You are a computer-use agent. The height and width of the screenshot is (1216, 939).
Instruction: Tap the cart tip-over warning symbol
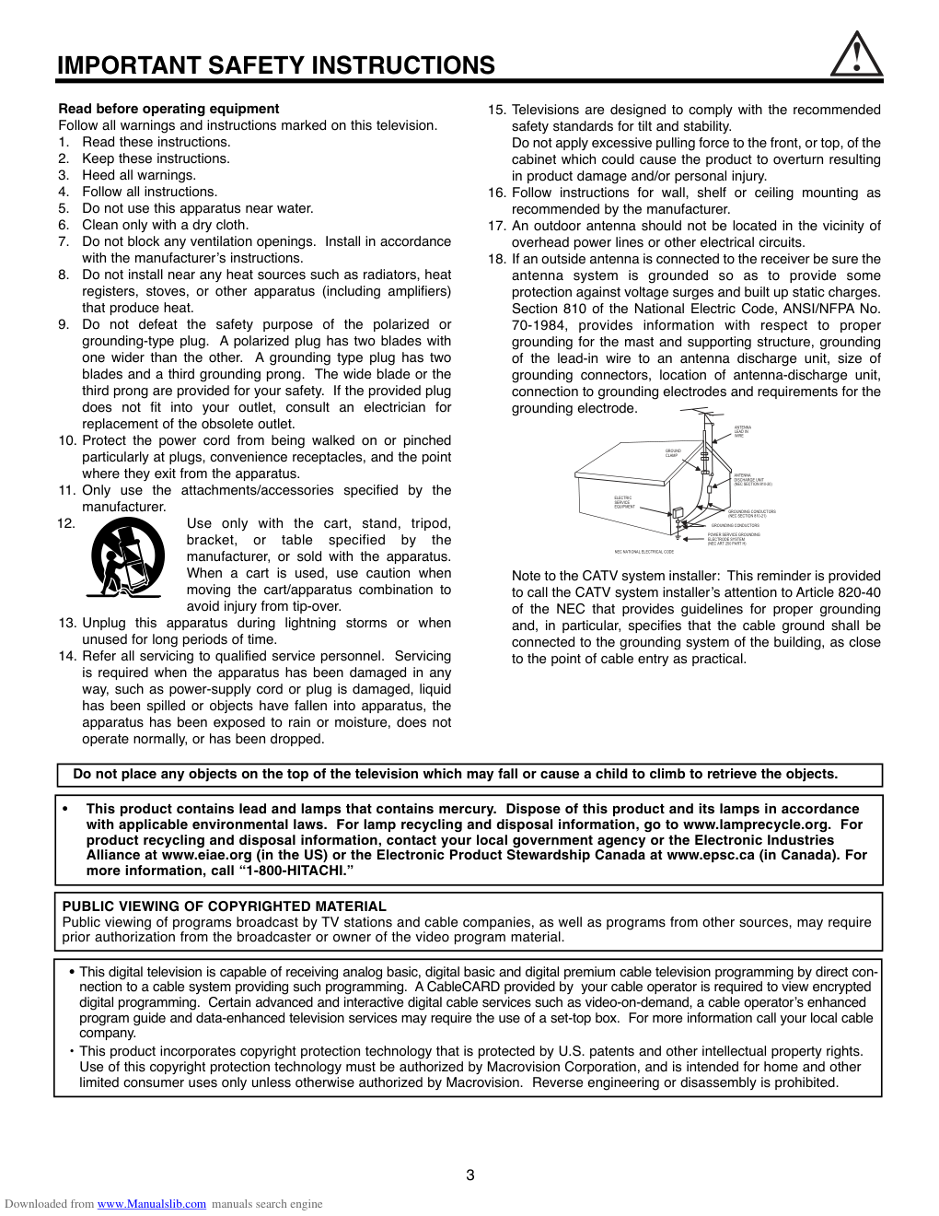point(128,556)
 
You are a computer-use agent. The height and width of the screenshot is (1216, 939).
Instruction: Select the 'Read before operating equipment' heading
point(168,109)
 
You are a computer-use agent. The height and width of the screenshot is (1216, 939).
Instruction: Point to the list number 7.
point(64,241)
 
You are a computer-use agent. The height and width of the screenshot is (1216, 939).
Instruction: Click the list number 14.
point(67,656)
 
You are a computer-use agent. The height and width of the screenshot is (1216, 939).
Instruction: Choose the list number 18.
point(497,259)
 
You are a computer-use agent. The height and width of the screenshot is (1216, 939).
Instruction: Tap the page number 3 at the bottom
point(470,1175)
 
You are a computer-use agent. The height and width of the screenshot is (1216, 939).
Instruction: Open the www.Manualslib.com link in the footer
point(152,1204)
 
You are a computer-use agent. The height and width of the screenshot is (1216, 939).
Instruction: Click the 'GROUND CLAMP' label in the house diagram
point(673,453)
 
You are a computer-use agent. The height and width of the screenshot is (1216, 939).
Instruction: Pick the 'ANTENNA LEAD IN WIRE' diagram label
point(742,431)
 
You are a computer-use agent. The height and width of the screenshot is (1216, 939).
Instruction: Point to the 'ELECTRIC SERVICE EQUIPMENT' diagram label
point(624,502)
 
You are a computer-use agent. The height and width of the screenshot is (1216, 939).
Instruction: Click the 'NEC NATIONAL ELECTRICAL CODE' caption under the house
point(644,552)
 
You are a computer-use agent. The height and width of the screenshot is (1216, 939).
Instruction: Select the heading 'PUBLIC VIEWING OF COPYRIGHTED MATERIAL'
point(224,906)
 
